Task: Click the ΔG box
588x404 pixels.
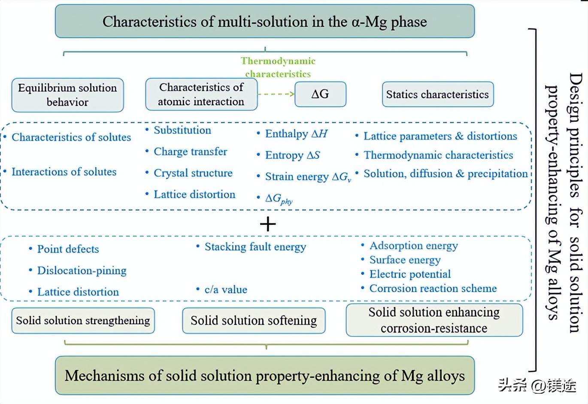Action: click(x=320, y=94)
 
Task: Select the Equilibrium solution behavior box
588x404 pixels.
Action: click(x=67, y=95)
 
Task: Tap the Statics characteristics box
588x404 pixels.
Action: click(x=437, y=94)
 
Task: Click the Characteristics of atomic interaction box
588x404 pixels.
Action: click(x=201, y=94)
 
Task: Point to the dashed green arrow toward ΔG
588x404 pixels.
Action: click(x=276, y=94)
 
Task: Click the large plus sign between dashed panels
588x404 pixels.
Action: click(x=268, y=224)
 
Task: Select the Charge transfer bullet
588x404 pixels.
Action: click(x=190, y=152)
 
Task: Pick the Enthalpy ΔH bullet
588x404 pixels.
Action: click(x=296, y=134)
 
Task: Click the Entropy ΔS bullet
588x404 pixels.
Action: click(x=292, y=155)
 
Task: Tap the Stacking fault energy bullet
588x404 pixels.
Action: click(x=255, y=247)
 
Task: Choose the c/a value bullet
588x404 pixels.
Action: click(x=226, y=290)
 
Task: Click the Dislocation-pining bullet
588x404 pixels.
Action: click(x=82, y=271)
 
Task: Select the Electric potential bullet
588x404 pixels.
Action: click(x=410, y=274)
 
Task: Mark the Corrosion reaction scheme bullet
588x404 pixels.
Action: click(x=433, y=288)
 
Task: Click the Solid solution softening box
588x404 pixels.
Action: click(x=254, y=321)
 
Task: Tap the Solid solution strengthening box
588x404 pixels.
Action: click(x=83, y=321)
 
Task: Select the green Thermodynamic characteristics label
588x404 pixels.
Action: click(x=278, y=67)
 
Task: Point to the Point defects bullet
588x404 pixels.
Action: click(x=68, y=249)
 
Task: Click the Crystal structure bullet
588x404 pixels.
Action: click(x=193, y=173)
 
